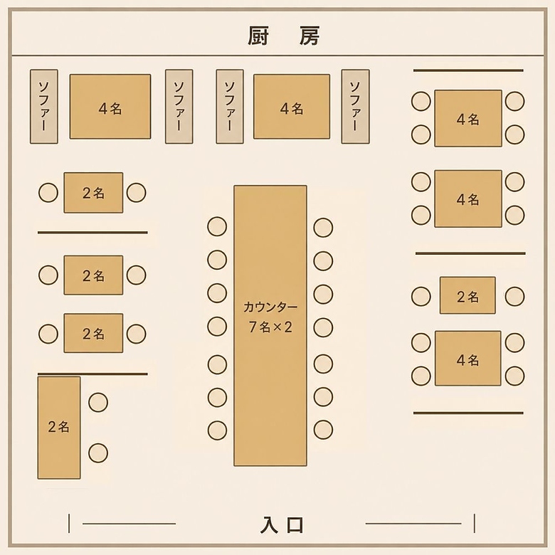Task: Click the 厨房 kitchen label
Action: coord(283,36)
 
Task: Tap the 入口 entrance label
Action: coord(282,525)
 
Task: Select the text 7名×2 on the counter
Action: coord(270,327)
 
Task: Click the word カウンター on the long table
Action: coord(270,307)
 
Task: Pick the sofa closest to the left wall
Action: coord(44,107)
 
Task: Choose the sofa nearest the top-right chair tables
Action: coord(355,107)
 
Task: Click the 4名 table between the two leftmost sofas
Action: coord(110,107)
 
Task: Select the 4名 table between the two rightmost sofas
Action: coord(292,107)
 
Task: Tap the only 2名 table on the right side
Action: coord(467,295)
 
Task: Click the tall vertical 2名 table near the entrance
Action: coord(59,428)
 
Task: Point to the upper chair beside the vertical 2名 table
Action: coord(98,403)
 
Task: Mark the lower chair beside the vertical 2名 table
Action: coord(98,453)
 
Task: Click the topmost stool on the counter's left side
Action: coord(217,226)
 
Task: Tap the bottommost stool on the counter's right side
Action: coord(323,430)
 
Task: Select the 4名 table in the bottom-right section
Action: coord(468,359)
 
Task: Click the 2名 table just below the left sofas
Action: coord(93,193)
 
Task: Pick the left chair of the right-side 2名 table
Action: coord(421,297)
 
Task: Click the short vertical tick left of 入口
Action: coord(69,524)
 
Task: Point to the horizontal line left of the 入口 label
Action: coord(129,524)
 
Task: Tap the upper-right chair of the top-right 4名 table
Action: coord(514,101)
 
